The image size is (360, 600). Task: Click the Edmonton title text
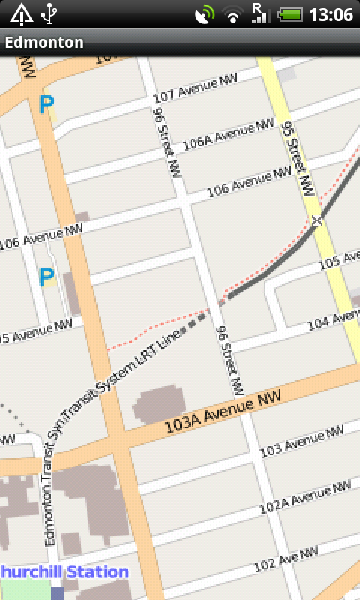pyautogui.click(x=44, y=43)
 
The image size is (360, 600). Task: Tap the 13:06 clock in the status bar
pyautogui.click(x=331, y=14)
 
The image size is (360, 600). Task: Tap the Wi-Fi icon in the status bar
pyautogui.click(x=235, y=14)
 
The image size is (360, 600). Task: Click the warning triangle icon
pyautogui.click(x=21, y=13)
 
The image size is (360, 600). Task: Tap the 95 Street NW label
pyautogui.click(x=297, y=160)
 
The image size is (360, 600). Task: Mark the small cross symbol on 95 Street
pyautogui.click(x=317, y=220)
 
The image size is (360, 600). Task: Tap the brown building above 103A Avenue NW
pyautogui.click(x=160, y=405)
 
